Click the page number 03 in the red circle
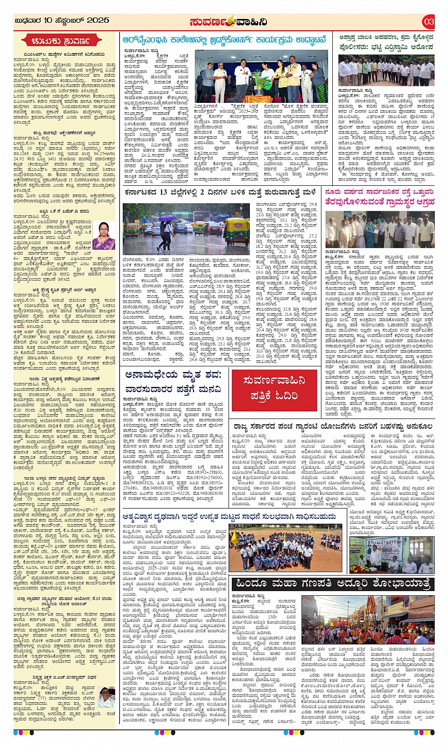click(429, 21)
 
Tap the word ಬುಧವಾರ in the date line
click(28, 20)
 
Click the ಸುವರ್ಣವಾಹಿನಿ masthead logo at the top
click(228, 21)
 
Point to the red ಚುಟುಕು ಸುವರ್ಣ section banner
click(64, 41)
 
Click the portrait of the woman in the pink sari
click(103, 236)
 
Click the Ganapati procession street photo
click(368, 620)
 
